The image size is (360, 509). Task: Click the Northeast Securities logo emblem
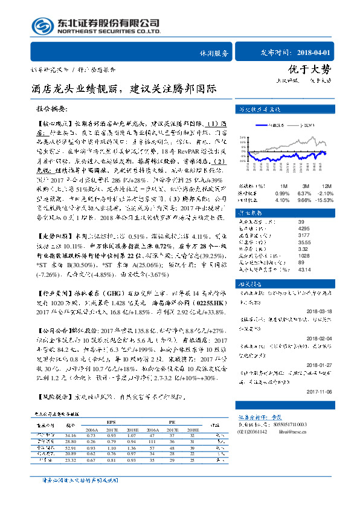41,25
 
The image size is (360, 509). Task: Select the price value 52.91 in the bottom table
71,448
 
